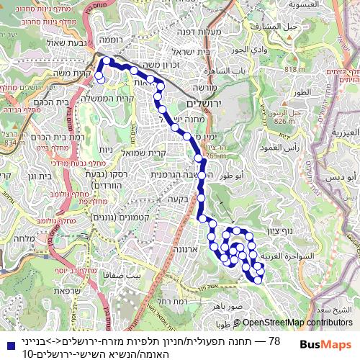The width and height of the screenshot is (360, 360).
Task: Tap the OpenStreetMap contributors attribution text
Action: [x=297, y=323]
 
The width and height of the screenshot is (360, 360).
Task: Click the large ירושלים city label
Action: [x=217, y=104]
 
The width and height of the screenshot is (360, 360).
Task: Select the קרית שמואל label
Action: [x=150, y=153]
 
